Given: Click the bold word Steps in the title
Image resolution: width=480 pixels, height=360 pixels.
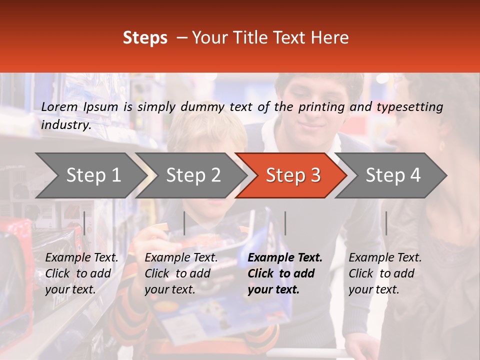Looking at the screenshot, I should pos(145,38).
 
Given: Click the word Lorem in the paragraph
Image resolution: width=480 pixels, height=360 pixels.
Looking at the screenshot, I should pos(59,107).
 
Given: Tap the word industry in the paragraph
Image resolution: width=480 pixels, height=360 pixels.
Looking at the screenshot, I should pos(65,125).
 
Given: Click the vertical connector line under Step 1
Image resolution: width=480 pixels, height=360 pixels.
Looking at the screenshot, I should pos(84,223).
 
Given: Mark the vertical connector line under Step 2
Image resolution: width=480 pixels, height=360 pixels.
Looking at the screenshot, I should pos(184,223).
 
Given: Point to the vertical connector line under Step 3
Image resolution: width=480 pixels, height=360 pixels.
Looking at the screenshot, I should pos(285,223).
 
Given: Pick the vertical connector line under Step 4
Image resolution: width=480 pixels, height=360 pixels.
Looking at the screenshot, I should pos(386,223).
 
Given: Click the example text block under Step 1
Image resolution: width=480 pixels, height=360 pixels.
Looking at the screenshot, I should pos(81,273).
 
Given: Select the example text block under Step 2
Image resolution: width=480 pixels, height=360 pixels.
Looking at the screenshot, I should pos(181,273).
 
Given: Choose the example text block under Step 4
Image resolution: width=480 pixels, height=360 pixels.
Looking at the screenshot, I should pos(385,273).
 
